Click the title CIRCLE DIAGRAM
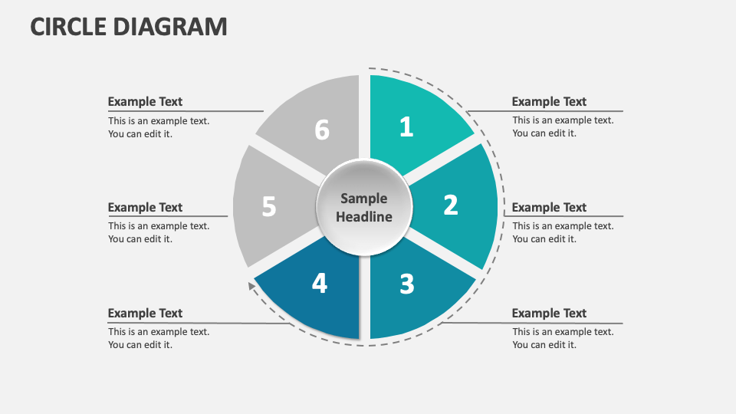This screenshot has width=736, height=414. tap(129, 26)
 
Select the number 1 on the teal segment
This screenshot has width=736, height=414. tap(406, 127)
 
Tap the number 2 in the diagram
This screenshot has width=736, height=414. tap(451, 205)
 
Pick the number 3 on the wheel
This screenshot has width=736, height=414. tap(407, 284)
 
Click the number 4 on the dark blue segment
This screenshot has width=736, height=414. tap(320, 283)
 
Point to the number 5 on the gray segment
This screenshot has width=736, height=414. tap(269, 206)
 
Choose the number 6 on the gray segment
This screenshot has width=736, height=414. tap(322, 130)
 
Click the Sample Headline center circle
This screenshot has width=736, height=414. tap(364, 208)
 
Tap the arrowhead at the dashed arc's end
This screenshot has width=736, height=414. tap(251, 285)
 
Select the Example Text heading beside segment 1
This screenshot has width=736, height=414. tap(549, 102)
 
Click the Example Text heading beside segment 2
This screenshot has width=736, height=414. tap(549, 208)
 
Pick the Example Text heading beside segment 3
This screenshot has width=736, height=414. tap(549, 313)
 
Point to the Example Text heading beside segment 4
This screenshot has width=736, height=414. tap(145, 313)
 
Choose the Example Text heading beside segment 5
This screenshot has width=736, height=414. tap(145, 208)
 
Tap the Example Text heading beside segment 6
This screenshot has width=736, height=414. tap(145, 102)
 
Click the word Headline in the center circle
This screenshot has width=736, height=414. tap(364, 217)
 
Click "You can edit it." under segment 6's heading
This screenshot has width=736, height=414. tap(140, 134)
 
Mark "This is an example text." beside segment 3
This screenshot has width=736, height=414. tap(563, 332)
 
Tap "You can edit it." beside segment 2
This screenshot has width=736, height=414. tap(544, 239)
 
